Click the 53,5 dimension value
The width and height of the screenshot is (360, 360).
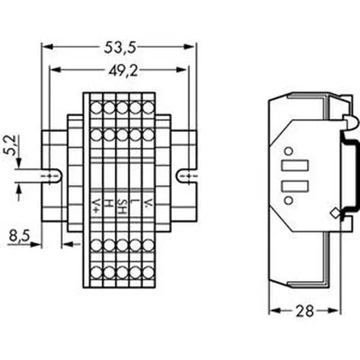pyautogui.click(x=120, y=48)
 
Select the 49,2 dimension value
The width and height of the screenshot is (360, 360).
pyautogui.click(x=123, y=71)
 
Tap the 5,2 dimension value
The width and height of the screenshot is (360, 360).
pyautogui.click(x=10, y=145)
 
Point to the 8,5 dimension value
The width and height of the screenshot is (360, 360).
pyautogui.click(x=20, y=236)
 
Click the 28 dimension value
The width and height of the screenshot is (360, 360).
pyautogui.click(x=305, y=311)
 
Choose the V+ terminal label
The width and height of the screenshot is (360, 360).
pyautogui.click(x=96, y=206)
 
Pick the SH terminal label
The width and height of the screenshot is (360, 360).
pyautogui.click(x=122, y=207)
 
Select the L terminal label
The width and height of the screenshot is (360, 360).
pyautogui.click(x=134, y=202)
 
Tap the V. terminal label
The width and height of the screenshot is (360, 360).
pyautogui.click(x=147, y=203)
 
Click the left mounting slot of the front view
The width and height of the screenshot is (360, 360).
pyautogui.click(x=52, y=175)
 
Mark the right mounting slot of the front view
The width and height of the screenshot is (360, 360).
pyautogui.click(x=187, y=175)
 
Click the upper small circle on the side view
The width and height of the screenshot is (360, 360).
pyautogui.click(x=289, y=151)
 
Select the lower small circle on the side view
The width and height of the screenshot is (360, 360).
pyautogui.click(x=289, y=200)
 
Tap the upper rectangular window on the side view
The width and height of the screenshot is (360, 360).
pyautogui.click(x=295, y=166)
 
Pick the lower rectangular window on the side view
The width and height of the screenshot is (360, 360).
pyautogui.click(x=295, y=186)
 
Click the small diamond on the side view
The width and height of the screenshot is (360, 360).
pyautogui.click(x=336, y=213)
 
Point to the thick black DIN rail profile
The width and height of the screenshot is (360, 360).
pyautogui.click(x=356, y=175)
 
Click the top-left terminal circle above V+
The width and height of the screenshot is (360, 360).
pyautogui.click(x=96, y=108)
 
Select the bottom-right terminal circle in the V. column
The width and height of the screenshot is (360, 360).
pyautogui.click(x=148, y=272)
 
